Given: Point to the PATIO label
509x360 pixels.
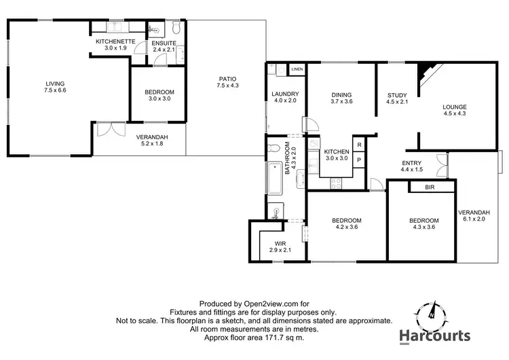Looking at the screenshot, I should tap(227, 78).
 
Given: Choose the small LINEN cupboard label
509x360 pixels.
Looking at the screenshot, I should tap(297, 69).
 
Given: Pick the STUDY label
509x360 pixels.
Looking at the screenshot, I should tap(397, 95).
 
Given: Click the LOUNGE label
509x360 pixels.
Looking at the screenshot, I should tap(454, 107).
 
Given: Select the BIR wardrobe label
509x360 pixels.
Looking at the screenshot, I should tap(430, 187).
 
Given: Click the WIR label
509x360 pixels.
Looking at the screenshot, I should tap(280, 243).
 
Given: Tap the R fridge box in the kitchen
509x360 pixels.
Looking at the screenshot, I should tap(358, 145).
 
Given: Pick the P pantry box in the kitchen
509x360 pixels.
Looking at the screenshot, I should tap(358, 160).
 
